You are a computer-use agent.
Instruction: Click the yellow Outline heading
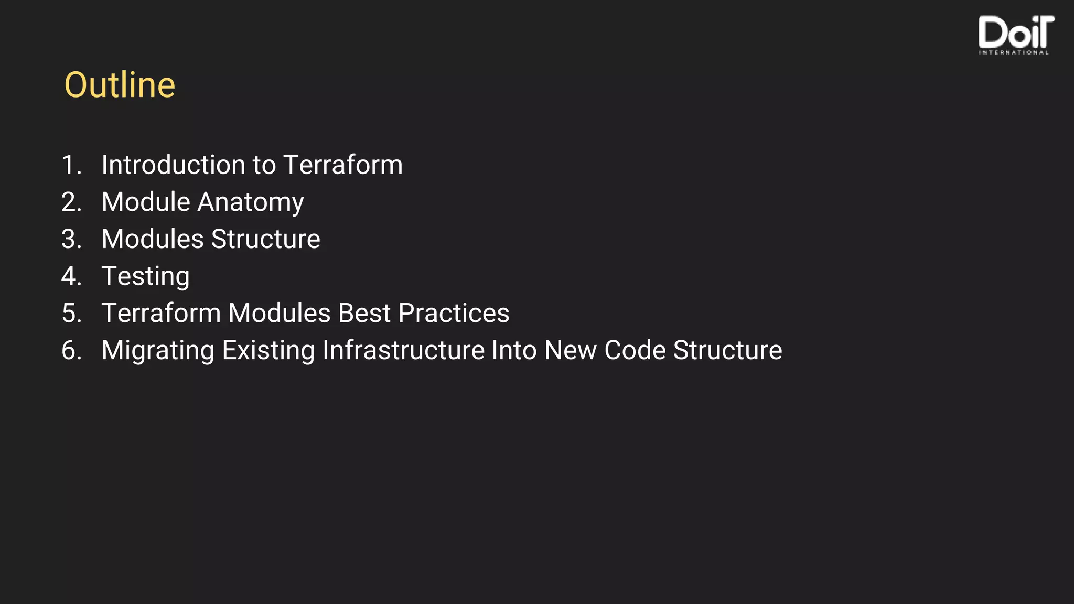pyautogui.click(x=120, y=85)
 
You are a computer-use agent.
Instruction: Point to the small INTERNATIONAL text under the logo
pyautogui.click(x=1014, y=52)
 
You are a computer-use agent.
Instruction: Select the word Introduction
pyautogui.click(x=173, y=165)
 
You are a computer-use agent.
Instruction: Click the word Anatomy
pyautogui.click(x=250, y=202)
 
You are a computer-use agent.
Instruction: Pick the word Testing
pyautogui.click(x=145, y=276)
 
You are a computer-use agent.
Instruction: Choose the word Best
pyautogui.click(x=364, y=313)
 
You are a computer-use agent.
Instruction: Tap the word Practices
pyautogui.click(x=454, y=313)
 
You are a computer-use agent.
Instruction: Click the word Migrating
pyautogui.click(x=158, y=350)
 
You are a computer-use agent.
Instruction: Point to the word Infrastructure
pyautogui.click(x=403, y=350)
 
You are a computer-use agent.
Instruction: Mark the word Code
pyautogui.click(x=635, y=350)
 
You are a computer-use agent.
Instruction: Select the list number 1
pyautogui.click(x=71, y=165)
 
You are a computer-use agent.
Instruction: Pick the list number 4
pyautogui.click(x=71, y=276)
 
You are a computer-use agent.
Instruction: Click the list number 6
pyautogui.click(x=71, y=350)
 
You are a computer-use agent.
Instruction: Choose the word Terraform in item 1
pyautogui.click(x=343, y=165)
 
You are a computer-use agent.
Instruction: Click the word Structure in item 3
pyautogui.click(x=265, y=239)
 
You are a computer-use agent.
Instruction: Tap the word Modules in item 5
pyautogui.click(x=280, y=313)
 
